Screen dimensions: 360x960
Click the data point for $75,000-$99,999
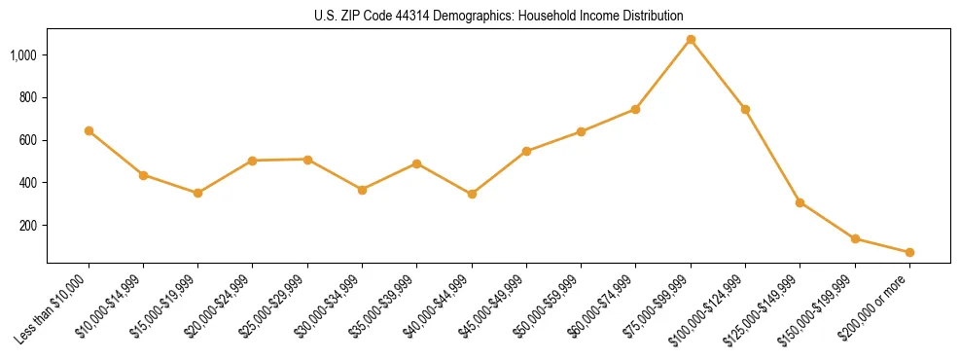click(691, 40)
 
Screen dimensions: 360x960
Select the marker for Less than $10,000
click(89, 130)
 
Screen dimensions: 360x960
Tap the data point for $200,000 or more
click(909, 252)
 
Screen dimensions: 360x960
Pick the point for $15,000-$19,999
click(198, 193)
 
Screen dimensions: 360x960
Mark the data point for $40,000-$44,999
click(472, 194)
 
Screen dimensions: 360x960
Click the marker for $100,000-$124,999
click(745, 109)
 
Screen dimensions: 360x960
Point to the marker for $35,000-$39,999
click(417, 163)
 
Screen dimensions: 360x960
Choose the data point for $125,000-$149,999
click(800, 202)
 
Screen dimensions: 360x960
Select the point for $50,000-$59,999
click(581, 131)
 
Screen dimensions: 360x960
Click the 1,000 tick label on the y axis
click(22, 55)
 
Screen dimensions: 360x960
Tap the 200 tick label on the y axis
click(27, 226)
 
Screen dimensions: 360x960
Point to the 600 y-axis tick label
click(27, 140)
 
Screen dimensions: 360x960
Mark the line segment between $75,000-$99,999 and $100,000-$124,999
click(718, 75)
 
